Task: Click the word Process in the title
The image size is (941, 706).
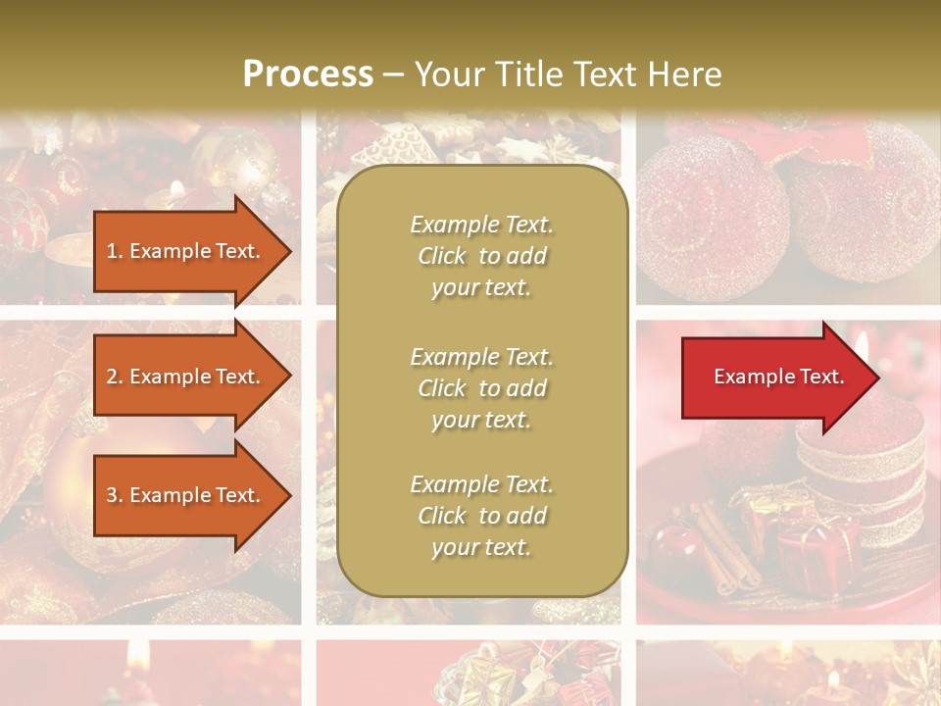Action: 308,74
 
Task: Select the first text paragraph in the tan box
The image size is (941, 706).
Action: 481,256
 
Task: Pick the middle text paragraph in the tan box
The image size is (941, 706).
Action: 481,388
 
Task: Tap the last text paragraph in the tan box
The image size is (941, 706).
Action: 481,516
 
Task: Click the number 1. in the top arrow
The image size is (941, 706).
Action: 115,251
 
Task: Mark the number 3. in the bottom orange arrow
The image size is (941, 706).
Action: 115,495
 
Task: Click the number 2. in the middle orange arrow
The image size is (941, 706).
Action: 115,377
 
